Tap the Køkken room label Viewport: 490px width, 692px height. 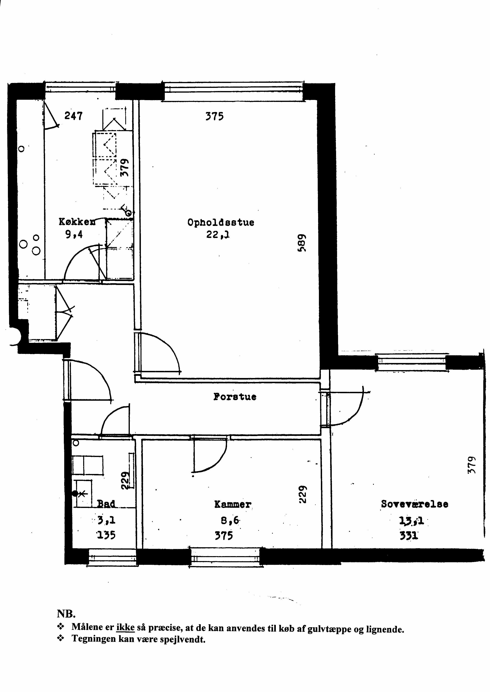coord(77,222)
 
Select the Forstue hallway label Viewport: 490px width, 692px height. coord(235,397)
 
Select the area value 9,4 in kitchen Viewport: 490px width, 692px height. coord(74,234)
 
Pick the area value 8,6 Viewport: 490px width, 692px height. coord(230,520)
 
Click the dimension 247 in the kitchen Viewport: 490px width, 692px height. coord(73,116)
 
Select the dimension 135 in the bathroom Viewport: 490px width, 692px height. coord(106,535)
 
